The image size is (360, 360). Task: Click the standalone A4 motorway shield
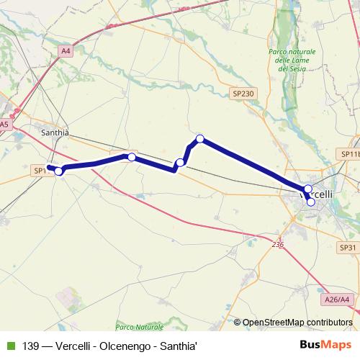pos(66,50)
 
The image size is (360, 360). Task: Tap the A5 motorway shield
pos(5,125)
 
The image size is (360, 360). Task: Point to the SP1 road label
pos(39,171)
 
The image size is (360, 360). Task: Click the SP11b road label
pos(349,154)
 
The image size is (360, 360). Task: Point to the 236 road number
pos(279,245)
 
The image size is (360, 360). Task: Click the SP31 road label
pos(348,247)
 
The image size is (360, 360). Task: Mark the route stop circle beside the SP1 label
pos(59,171)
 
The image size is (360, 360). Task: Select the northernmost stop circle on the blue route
pos(200,138)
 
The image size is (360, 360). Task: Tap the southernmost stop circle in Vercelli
pos(311,202)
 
